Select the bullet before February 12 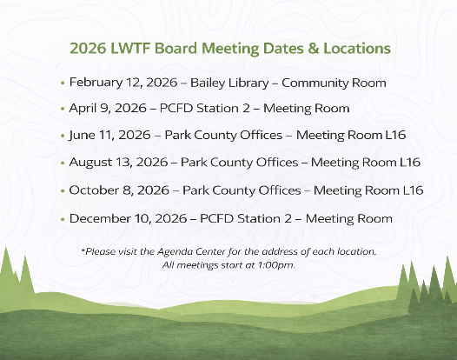click(x=63, y=83)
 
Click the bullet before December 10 click(x=63, y=218)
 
